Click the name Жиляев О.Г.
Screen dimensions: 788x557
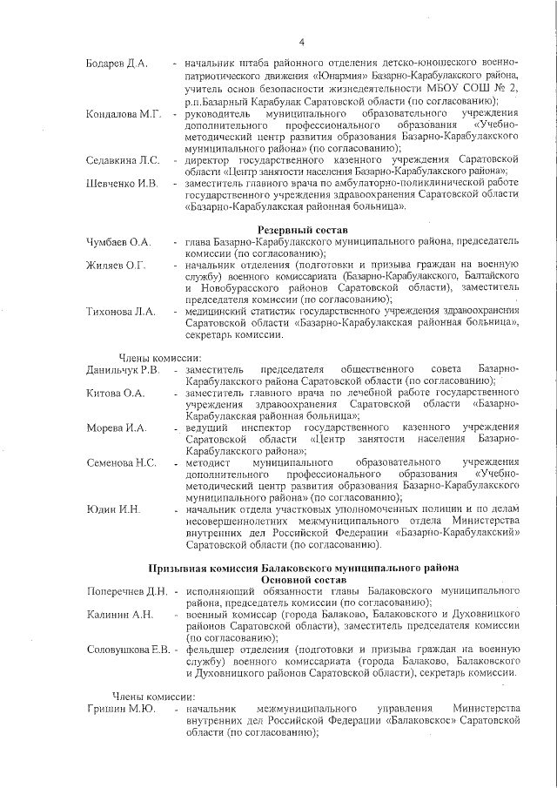click(x=116, y=265)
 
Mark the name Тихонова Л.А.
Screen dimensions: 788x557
click(x=121, y=311)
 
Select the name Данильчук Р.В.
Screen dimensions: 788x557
click(x=123, y=370)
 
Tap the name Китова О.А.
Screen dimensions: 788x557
click(x=115, y=394)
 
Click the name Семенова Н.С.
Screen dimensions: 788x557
click(x=121, y=462)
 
